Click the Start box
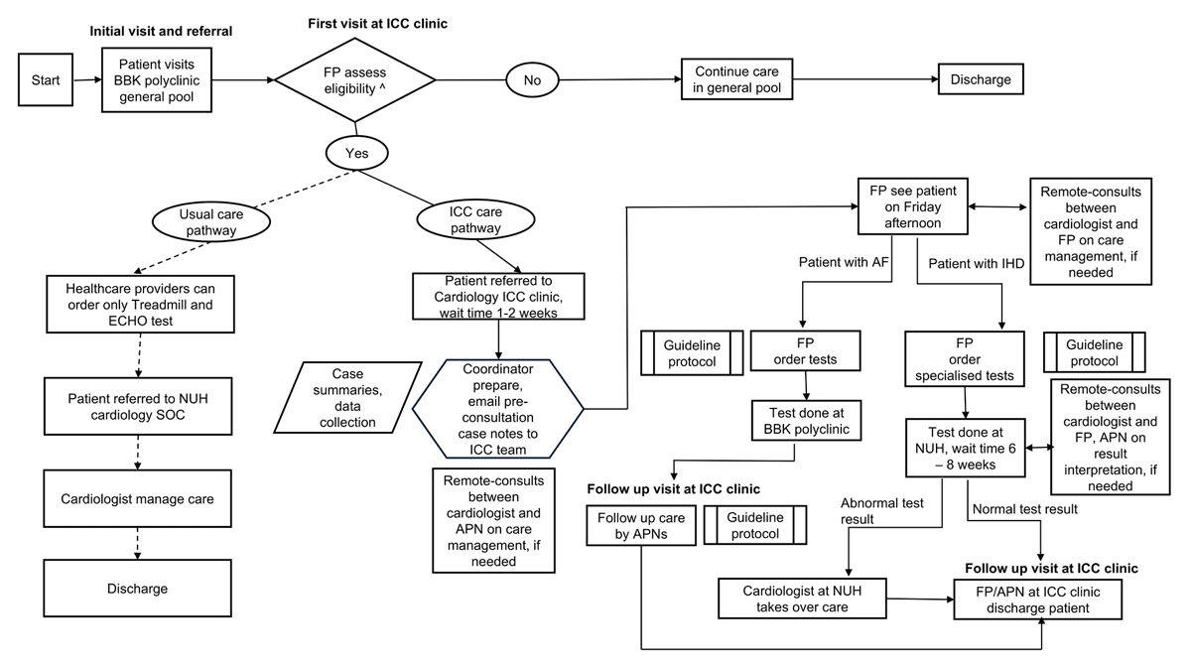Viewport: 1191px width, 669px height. coord(46,79)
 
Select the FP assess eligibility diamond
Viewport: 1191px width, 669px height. coord(354,79)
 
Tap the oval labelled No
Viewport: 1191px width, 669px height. coord(532,79)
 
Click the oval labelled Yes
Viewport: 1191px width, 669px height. coord(356,153)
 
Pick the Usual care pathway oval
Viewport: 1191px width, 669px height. coord(211,221)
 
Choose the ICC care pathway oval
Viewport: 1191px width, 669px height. coord(475,219)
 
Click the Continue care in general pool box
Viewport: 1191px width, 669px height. coord(736,79)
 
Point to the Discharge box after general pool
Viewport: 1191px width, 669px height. coord(981,79)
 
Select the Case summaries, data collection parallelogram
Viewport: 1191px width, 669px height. coord(347,398)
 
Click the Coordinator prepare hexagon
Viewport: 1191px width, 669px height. coord(497,409)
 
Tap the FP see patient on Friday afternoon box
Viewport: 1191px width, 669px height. coord(912,206)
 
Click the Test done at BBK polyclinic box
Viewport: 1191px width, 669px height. coord(806,421)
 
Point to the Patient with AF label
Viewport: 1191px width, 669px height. coord(844,262)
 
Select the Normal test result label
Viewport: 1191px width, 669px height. coord(1024,509)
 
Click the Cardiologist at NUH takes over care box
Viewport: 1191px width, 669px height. coord(802,599)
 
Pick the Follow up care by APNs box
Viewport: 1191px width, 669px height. coord(641,525)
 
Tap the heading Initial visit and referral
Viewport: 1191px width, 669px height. coord(161,32)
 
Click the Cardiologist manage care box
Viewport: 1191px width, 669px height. coord(137,499)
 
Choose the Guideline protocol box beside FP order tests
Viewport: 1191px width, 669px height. coord(691,353)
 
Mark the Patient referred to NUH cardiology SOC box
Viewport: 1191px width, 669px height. coord(138,407)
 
